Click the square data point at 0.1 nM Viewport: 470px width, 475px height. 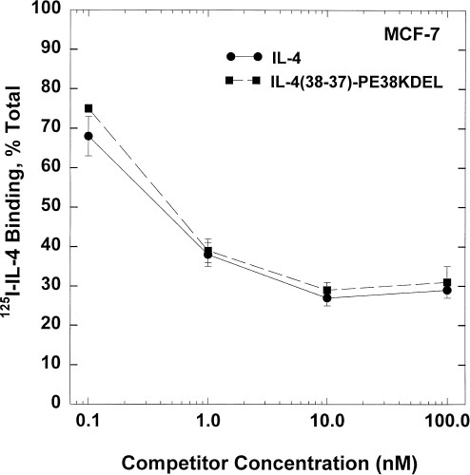[x=88, y=108]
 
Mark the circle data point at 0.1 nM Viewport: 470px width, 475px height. [x=88, y=136]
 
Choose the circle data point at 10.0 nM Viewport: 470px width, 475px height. [x=326, y=297]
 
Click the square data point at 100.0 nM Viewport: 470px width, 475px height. [x=445, y=282]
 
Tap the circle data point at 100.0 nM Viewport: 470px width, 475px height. [x=445, y=290]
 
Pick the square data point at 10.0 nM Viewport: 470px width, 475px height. [x=326, y=290]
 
